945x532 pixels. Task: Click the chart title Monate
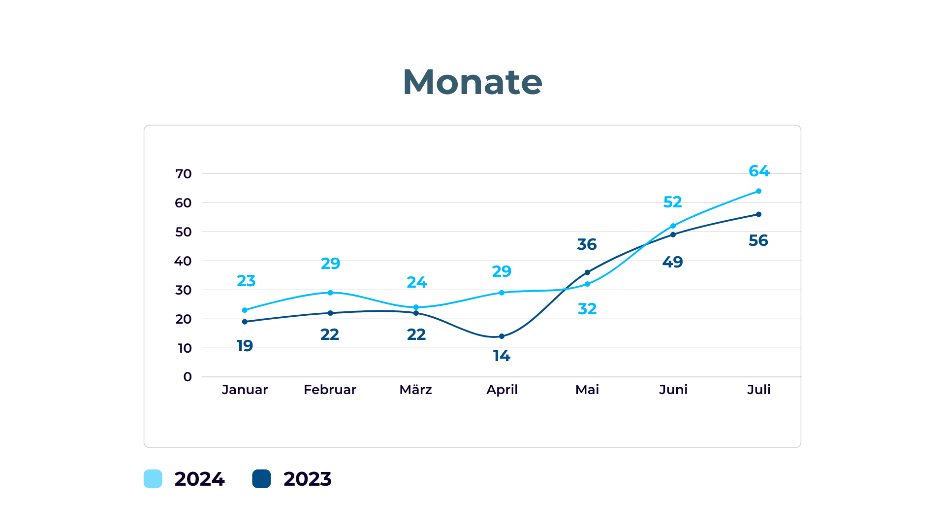tap(472, 82)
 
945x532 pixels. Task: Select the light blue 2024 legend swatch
tap(153, 479)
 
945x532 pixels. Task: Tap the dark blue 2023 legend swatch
tap(261, 479)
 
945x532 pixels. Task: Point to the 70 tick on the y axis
tap(184, 174)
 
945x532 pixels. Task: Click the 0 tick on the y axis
tap(188, 377)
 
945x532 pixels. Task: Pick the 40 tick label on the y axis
tap(183, 261)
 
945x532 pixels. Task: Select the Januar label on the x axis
tap(245, 390)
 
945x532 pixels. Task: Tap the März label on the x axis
tap(416, 389)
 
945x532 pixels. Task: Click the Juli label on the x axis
tap(759, 390)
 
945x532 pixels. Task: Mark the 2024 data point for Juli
tap(758, 191)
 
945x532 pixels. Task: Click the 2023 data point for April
tap(502, 336)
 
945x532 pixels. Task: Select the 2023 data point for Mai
tap(587, 272)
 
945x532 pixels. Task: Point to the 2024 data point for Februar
tap(330, 293)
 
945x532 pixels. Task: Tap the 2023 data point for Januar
tap(245, 322)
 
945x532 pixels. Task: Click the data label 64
tap(759, 171)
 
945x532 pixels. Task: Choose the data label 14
tap(502, 356)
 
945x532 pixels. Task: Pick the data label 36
tap(587, 244)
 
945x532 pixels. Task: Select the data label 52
tap(672, 202)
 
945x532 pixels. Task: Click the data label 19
tap(245, 346)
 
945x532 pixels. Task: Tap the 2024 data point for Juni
tap(673, 226)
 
